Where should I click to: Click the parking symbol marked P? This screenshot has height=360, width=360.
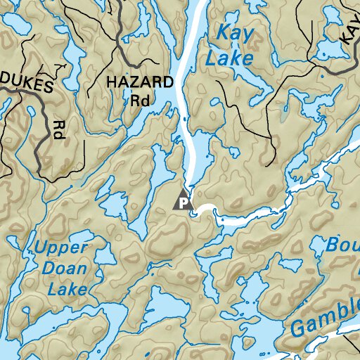[x=183, y=202]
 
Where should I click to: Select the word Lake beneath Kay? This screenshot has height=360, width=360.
[x=229, y=58]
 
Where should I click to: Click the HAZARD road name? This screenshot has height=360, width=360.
[x=139, y=82]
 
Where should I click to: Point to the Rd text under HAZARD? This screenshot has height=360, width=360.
[x=139, y=100]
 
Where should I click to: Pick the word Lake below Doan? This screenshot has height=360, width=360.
[x=67, y=288]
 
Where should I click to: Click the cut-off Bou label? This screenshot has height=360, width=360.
[x=343, y=246]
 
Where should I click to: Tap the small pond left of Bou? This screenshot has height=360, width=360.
[x=289, y=265]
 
